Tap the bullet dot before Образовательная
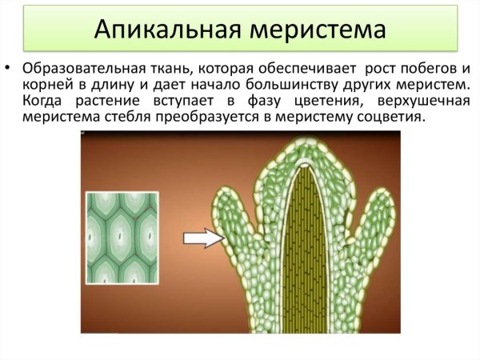click(x=10, y=67)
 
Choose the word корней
click(x=45, y=85)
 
